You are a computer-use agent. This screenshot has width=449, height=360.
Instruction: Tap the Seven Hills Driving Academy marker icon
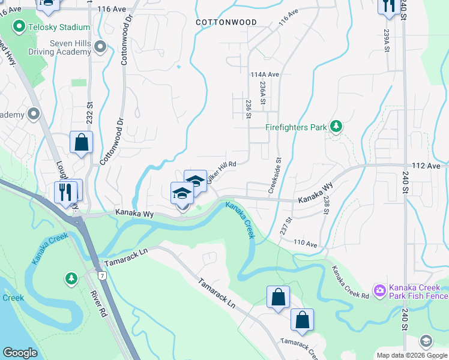(100, 46)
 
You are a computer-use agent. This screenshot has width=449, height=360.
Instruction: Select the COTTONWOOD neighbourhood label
(226, 22)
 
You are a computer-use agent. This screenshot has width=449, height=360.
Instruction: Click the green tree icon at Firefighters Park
(337, 127)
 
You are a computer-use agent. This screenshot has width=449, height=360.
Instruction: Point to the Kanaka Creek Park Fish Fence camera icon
(379, 291)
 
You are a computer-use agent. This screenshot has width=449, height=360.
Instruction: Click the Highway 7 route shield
(103, 275)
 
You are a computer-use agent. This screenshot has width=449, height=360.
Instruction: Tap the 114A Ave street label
(265, 74)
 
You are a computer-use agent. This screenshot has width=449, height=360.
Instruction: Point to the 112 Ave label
(426, 165)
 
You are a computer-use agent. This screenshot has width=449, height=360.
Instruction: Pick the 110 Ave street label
(305, 243)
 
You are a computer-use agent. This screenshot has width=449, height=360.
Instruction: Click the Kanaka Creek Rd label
(350, 282)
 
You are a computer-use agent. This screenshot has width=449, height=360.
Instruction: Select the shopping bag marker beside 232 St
(81, 143)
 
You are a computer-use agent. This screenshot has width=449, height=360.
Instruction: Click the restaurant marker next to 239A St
(389, 6)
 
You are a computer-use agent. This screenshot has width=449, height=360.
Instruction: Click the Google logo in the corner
(20, 353)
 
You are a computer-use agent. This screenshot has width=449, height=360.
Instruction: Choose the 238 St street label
(326, 205)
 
